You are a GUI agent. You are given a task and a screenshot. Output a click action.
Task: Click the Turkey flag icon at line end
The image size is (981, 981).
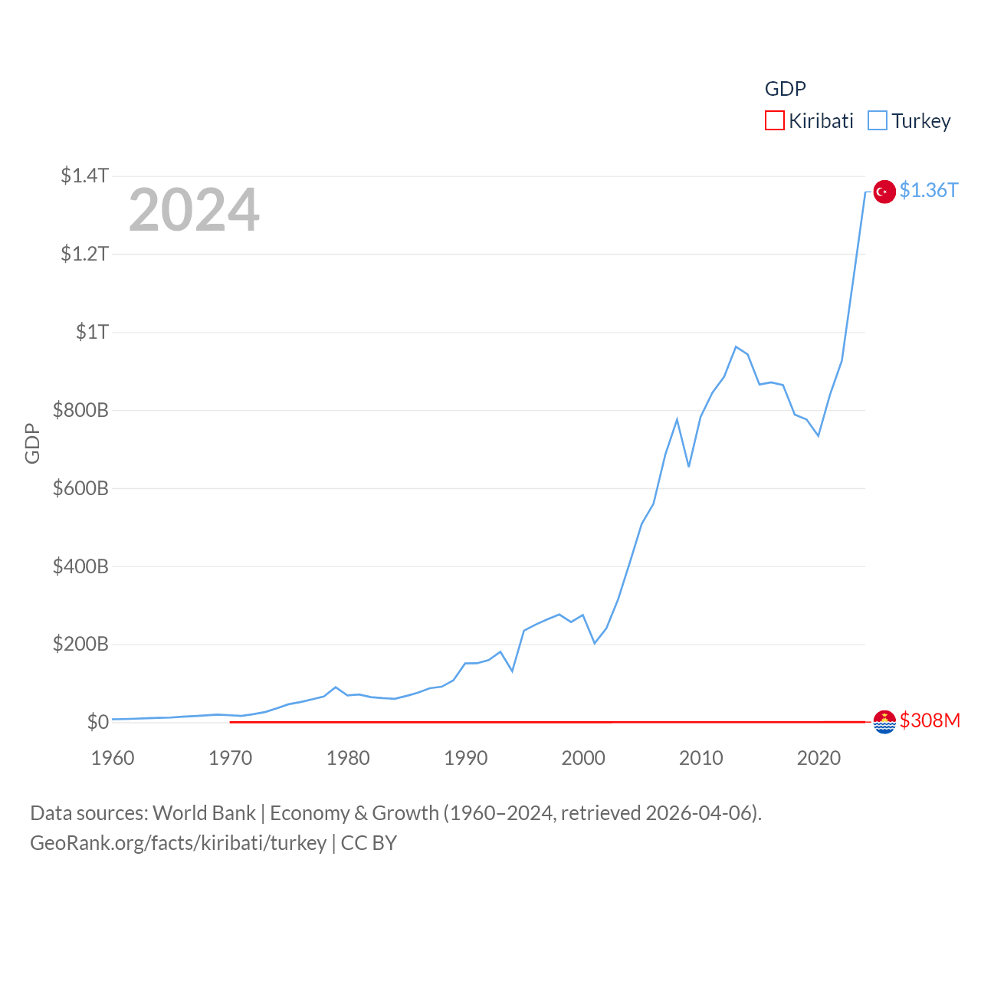(x=884, y=191)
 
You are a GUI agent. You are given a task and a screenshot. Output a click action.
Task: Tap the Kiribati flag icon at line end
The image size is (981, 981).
(x=884, y=722)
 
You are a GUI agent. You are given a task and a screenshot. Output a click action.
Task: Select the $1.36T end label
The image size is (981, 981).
(x=929, y=190)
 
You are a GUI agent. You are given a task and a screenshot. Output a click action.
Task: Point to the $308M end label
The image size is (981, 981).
(x=930, y=721)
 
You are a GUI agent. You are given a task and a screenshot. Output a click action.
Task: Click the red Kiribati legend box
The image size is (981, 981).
(x=775, y=121)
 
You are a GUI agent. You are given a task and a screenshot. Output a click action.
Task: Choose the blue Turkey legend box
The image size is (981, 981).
(x=878, y=121)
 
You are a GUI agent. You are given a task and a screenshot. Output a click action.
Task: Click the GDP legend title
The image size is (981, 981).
(x=785, y=89)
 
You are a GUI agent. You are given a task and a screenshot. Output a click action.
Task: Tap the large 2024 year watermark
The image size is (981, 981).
(x=194, y=210)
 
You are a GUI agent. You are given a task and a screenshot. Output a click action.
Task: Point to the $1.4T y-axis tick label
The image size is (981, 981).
(x=84, y=176)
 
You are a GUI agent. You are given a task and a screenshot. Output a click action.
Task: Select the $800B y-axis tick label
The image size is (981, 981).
(x=80, y=410)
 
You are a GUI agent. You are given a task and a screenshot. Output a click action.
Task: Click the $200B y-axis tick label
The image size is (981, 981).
(x=80, y=644)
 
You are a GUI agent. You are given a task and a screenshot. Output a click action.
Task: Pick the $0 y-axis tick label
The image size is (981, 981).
(x=97, y=722)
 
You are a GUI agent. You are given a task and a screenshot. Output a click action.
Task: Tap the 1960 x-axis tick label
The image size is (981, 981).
(x=113, y=758)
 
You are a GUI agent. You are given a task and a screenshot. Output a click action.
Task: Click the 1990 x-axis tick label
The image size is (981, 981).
(x=465, y=758)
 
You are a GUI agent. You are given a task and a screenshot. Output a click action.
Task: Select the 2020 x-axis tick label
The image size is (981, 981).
(x=819, y=758)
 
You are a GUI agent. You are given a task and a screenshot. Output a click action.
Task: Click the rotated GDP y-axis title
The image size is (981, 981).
(x=32, y=443)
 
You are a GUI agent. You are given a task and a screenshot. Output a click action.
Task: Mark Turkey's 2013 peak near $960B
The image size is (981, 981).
(x=736, y=347)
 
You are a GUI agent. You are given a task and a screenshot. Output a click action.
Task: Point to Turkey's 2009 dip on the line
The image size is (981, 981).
(x=689, y=466)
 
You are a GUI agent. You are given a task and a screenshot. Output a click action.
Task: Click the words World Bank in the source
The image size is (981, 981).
(x=204, y=813)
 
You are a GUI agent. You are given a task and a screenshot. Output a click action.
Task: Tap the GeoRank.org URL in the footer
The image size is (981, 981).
(x=178, y=843)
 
